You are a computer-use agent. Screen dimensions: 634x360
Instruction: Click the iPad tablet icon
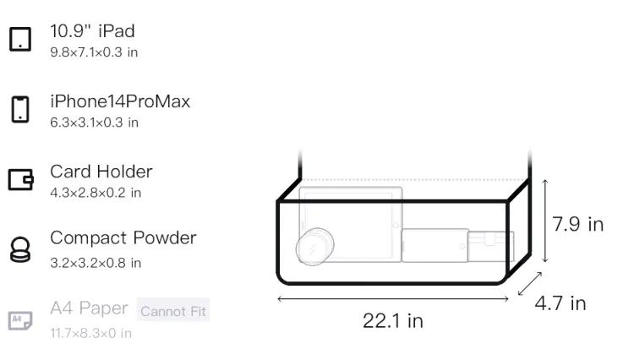point(20,39)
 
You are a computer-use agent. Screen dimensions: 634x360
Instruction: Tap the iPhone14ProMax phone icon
point(20,109)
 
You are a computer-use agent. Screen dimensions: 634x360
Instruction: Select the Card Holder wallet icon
point(20,179)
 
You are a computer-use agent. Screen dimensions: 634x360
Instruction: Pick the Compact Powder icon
point(20,249)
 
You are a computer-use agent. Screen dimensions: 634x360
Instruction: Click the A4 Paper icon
point(20,320)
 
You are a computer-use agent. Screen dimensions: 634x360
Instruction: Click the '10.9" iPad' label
point(93,31)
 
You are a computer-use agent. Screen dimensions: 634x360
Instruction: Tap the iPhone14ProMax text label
point(120,101)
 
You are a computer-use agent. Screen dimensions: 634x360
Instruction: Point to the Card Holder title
point(101,172)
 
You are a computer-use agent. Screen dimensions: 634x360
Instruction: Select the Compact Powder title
point(123,238)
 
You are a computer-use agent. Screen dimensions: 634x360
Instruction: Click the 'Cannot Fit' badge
point(173,311)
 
